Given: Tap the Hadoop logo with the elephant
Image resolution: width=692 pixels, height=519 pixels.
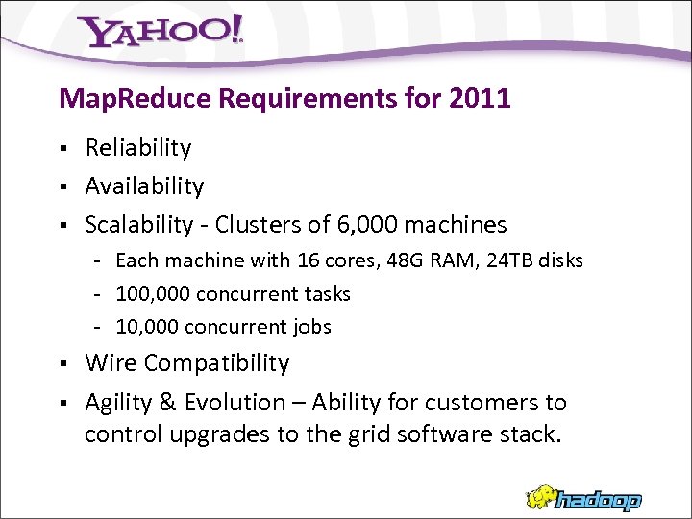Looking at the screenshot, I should pyautogui.click(x=583, y=498).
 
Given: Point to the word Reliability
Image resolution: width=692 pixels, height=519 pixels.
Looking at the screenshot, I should pyautogui.click(x=138, y=147).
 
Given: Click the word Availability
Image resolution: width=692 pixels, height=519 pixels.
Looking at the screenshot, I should pyautogui.click(x=144, y=185).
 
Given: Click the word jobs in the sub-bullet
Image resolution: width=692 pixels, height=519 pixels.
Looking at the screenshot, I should pyautogui.click(x=309, y=327).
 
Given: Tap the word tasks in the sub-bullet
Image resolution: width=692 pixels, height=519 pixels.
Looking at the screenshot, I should pyautogui.click(x=328, y=294).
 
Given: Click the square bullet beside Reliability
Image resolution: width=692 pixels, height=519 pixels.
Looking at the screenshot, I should pyautogui.click(x=62, y=148).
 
